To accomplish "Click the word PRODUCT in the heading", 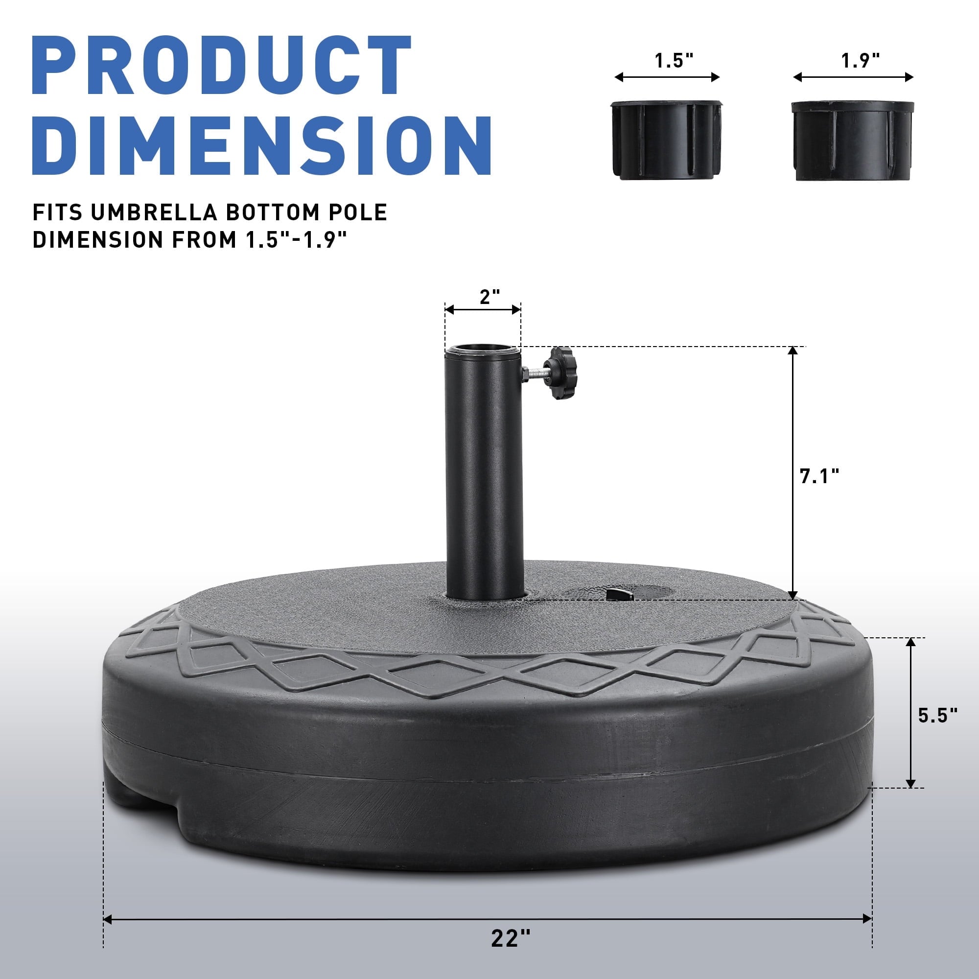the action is pyautogui.click(x=221, y=66).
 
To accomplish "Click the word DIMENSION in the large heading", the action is pyautogui.click(x=261, y=145).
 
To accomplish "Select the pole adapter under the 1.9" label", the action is pyautogui.click(x=853, y=140).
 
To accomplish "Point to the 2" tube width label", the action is pyautogui.click(x=490, y=297).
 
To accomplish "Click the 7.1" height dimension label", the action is pyautogui.click(x=819, y=476).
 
